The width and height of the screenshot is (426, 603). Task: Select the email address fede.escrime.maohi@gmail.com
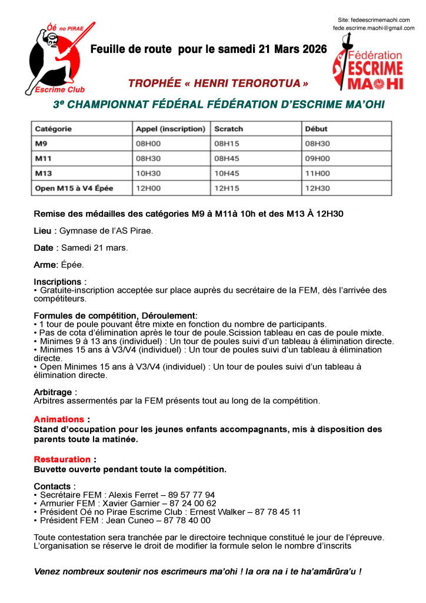tap(374, 28)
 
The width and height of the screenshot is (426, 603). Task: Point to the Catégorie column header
tap(54, 129)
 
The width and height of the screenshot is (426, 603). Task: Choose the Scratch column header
tap(229, 129)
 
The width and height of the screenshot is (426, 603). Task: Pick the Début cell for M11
tap(317, 158)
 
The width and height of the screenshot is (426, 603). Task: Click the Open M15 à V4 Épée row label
tap(74, 188)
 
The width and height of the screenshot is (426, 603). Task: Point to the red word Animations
tap(59, 420)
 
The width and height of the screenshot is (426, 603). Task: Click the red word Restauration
tap(62, 459)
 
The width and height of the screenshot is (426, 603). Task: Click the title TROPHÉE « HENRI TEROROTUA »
tap(218, 83)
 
